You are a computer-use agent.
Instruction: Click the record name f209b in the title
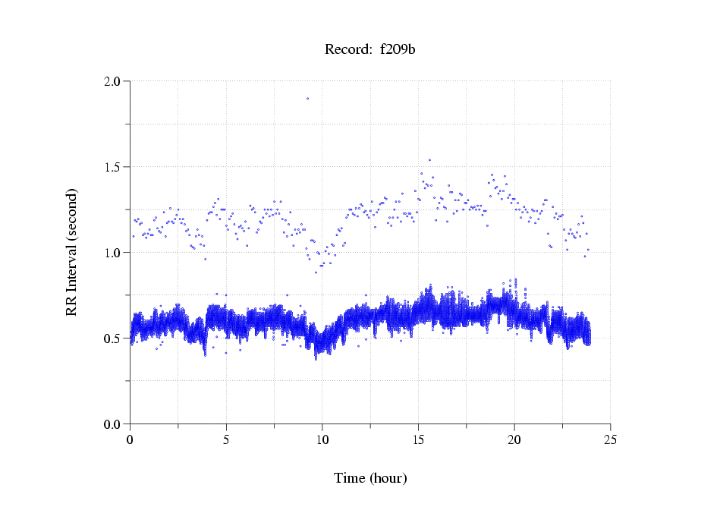point(398,50)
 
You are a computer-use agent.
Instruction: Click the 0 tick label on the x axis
point(130,439)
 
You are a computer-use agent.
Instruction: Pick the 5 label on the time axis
point(226,439)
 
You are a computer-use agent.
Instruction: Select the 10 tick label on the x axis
point(322,439)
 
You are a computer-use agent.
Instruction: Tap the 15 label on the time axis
point(418,439)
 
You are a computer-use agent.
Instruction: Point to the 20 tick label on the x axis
point(514,439)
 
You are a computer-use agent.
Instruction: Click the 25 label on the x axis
point(611,439)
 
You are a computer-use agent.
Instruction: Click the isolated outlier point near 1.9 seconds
point(307,98)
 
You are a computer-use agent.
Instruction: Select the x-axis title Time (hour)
point(370,478)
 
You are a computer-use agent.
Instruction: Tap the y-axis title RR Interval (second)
point(71,252)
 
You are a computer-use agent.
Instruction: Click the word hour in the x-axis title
point(388,478)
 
